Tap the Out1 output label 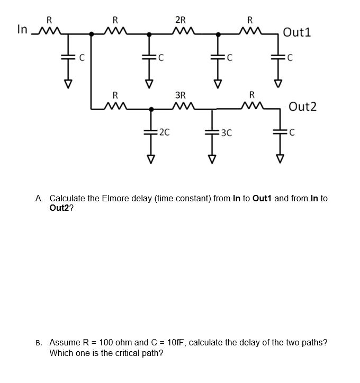coord(297,32)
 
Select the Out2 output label coord(303,106)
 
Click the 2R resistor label coord(181,21)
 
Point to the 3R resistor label coord(181,95)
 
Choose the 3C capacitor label coord(227,132)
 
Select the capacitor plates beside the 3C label coord(213,132)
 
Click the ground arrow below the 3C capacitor coord(213,159)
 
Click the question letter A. coord(40,199)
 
